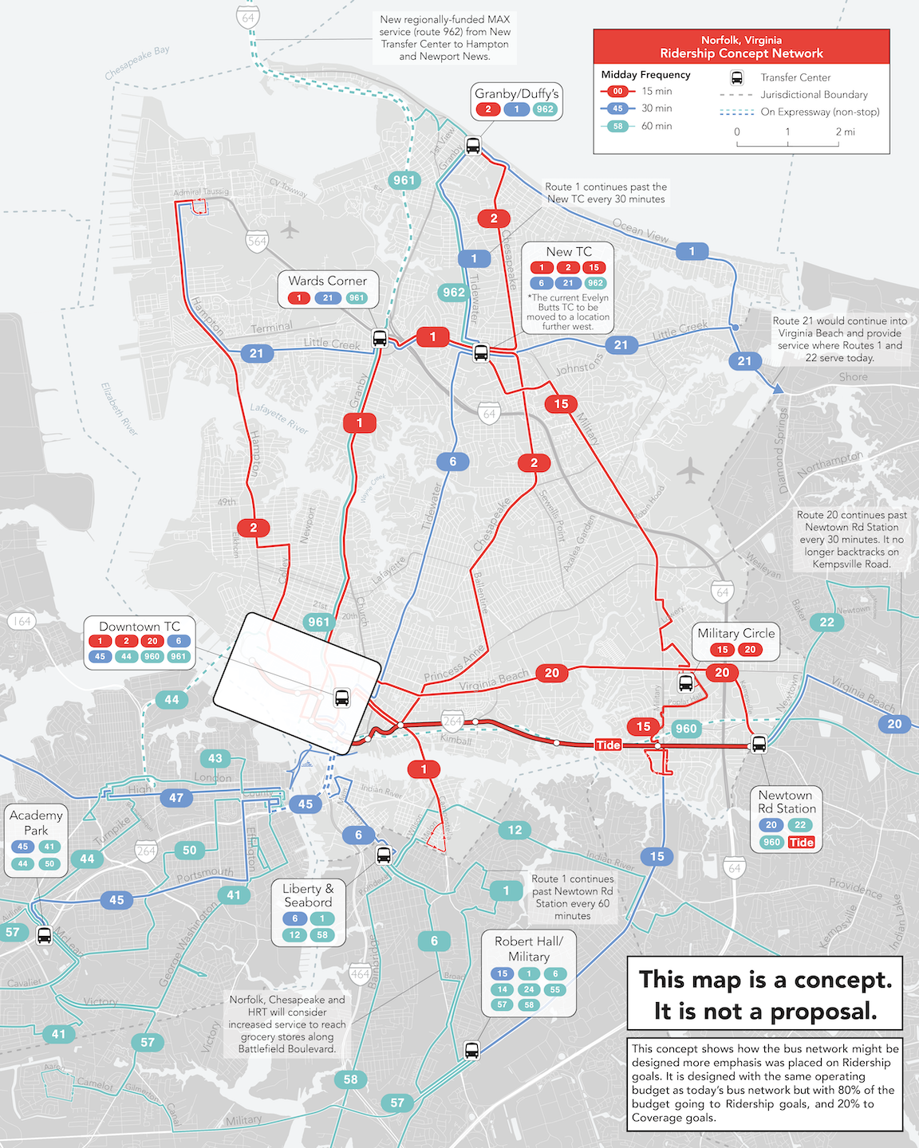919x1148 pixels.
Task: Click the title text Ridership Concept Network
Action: click(741, 53)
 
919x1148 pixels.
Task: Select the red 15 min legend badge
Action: click(617, 91)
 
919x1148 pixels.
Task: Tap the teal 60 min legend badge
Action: click(617, 126)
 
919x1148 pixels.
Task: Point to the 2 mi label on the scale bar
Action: click(845, 132)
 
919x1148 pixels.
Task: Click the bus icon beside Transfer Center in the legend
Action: click(737, 77)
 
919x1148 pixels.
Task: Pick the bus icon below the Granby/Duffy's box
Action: click(473, 146)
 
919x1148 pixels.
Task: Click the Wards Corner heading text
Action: click(327, 281)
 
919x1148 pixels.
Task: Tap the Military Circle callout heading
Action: click(736, 633)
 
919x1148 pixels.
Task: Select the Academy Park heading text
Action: click(36, 822)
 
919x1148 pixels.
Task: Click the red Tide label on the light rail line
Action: click(608, 745)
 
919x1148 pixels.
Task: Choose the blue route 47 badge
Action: click(176, 797)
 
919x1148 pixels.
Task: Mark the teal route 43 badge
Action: click(215, 758)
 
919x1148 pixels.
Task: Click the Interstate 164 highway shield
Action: click(22, 621)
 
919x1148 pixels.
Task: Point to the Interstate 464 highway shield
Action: click(360, 973)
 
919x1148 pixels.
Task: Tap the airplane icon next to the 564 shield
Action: click(290, 230)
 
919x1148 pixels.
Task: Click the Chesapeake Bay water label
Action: click(137, 63)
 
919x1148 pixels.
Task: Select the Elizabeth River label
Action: click(120, 409)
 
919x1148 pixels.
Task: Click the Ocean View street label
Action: click(641, 232)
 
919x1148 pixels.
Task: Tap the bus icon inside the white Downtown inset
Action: click(341, 698)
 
